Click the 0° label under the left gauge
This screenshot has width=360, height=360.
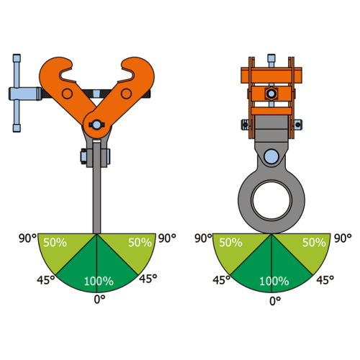99,300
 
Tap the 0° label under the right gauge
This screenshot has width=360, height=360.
275,301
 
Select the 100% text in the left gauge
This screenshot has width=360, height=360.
99,282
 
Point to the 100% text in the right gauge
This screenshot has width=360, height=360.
274,282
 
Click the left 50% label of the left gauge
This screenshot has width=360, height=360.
55,243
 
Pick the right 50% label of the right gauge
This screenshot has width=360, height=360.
314,243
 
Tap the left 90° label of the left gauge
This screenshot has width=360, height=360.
28,238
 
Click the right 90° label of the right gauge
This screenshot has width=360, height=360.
343,238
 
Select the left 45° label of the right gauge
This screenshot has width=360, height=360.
222,280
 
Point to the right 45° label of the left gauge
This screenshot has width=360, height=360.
148,279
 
